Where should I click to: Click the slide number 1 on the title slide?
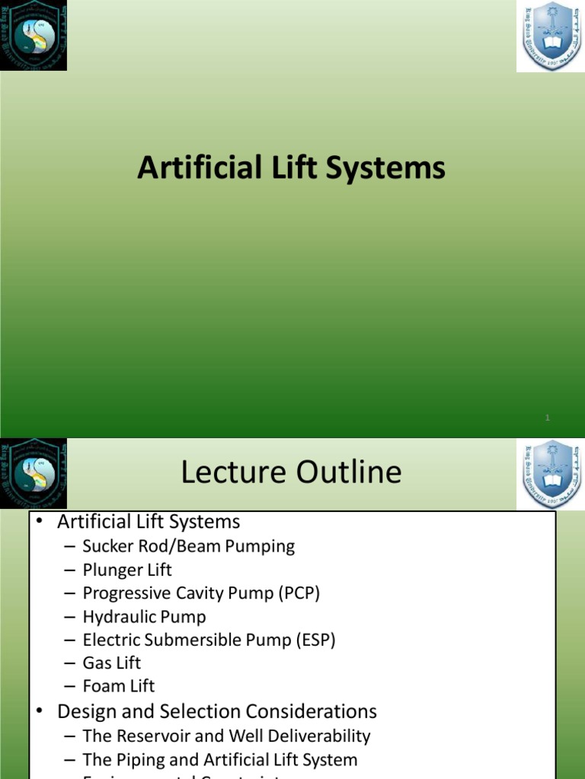click(x=548, y=418)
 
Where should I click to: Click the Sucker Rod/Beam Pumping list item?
click(x=188, y=546)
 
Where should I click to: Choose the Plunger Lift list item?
click(x=127, y=570)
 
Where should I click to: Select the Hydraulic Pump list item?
click(x=144, y=617)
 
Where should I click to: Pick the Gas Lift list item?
click(x=112, y=663)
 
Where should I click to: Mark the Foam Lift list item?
click(x=118, y=686)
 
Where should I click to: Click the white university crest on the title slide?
click(x=549, y=37)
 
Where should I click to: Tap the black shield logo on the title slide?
click(x=34, y=36)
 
